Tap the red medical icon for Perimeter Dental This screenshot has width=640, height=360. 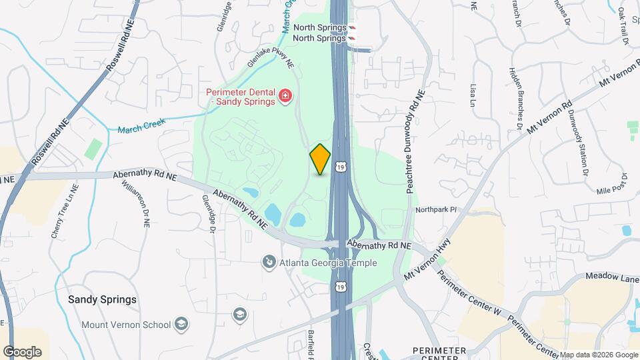coord(285,97)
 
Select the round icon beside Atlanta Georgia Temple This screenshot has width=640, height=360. coord(269,262)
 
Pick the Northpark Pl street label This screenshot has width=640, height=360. coord(435,209)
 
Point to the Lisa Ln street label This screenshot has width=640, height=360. coord(474,95)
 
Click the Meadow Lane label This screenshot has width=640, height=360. coord(612,277)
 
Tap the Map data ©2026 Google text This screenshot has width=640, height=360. coord(599,355)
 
